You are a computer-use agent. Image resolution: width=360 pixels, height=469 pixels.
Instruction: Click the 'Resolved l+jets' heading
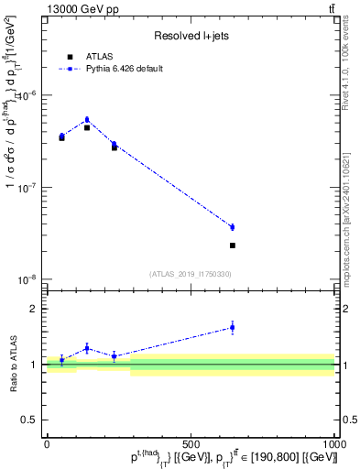[189, 36]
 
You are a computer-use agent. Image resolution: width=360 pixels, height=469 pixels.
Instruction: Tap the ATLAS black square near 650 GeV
[233, 245]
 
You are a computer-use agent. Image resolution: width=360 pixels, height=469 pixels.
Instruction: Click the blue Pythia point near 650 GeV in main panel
[233, 227]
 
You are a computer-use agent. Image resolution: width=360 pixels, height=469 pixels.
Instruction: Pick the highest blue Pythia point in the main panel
[87, 119]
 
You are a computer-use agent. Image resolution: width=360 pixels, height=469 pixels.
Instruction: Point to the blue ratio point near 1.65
[233, 327]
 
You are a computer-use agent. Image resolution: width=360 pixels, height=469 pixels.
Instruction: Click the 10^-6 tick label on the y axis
[27, 95]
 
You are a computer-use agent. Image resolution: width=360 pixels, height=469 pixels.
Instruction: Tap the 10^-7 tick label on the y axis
[27, 187]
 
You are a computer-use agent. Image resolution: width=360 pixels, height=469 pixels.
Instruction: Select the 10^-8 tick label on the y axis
[27, 278]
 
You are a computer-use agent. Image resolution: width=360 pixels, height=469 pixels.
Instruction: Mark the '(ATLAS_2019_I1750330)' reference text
[191, 273]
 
